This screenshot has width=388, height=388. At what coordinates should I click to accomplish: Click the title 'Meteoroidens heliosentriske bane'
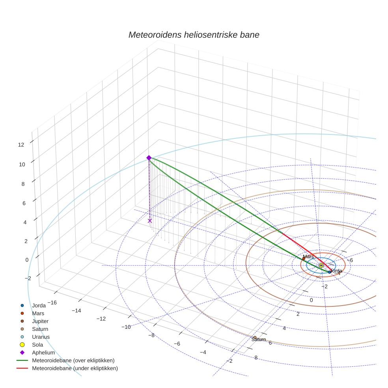click(x=194, y=35)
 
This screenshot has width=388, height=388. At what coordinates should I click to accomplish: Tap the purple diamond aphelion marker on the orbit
click(x=149, y=158)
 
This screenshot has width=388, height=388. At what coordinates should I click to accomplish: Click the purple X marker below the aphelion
click(x=150, y=221)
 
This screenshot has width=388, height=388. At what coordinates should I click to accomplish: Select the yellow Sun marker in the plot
click(x=321, y=265)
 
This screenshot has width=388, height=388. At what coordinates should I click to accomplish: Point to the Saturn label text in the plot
click(x=259, y=339)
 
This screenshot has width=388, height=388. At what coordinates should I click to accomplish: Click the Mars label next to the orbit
click(x=308, y=256)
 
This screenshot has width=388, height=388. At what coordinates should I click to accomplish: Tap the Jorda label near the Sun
click(x=336, y=271)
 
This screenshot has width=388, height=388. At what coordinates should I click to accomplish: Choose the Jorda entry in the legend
click(x=39, y=305)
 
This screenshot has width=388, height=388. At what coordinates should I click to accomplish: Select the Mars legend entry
click(x=38, y=313)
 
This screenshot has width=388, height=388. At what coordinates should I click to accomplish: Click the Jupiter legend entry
click(x=40, y=321)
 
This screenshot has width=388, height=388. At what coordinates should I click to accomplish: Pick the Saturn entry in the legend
click(x=40, y=329)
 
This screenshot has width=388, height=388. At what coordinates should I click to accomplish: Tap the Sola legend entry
click(x=37, y=345)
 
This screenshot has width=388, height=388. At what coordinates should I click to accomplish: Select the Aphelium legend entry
click(x=43, y=353)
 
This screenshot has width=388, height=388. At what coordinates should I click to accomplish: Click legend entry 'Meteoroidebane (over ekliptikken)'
click(x=73, y=360)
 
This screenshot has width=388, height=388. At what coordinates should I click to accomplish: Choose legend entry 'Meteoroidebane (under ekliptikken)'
click(x=75, y=368)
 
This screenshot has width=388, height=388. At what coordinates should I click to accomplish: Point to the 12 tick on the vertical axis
click(x=21, y=145)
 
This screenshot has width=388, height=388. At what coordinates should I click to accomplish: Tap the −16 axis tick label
click(x=52, y=302)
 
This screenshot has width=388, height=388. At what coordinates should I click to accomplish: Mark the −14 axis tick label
click(x=76, y=311)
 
